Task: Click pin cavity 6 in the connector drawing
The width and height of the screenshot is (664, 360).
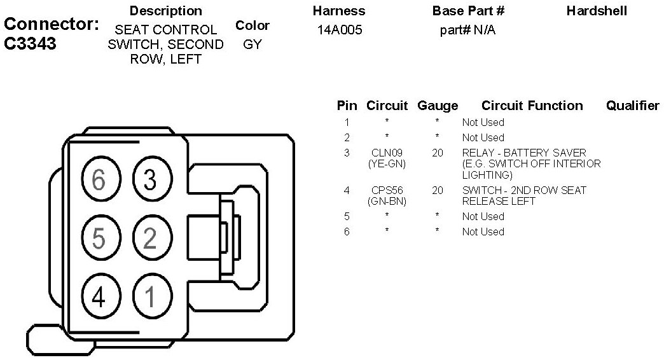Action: tap(99, 180)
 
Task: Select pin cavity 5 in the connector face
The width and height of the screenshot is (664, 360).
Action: tap(99, 238)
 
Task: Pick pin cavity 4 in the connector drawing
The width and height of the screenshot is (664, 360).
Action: tap(99, 296)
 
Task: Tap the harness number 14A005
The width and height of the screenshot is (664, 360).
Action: tap(340, 30)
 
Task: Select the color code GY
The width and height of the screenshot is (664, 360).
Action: tap(252, 45)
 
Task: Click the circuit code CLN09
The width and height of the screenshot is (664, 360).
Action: tap(387, 153)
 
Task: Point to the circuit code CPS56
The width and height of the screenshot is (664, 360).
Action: tap(387, 190)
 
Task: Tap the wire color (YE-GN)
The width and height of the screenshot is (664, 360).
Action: tap(387, 164)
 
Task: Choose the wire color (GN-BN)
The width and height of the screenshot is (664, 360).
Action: tap(387, 201)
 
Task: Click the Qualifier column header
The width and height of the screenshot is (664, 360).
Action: tap(632, 106)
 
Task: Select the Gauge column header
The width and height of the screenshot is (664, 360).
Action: tap(438, 106)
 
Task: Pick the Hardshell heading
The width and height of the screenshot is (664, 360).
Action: tap(597, 11)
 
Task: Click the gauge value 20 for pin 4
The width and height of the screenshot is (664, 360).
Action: tap(438, 190)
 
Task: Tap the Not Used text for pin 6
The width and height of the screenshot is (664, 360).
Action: tap(483, 232)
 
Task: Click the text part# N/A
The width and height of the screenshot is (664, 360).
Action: tap(467, 30)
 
